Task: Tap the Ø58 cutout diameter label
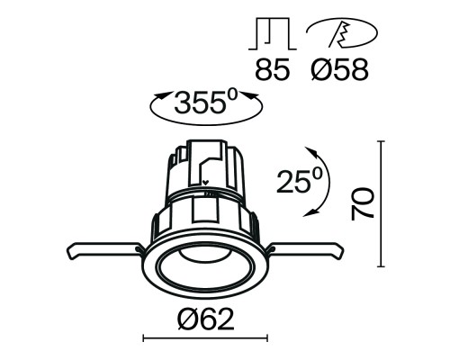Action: pyautogui.click(x=338, y=70)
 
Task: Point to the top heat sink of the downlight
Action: pyautogui.click(x=205, y=166)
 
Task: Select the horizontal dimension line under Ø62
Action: pyautogui.click(x=205, y=339)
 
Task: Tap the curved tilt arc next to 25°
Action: pyautogui.click(x=321, y=180)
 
